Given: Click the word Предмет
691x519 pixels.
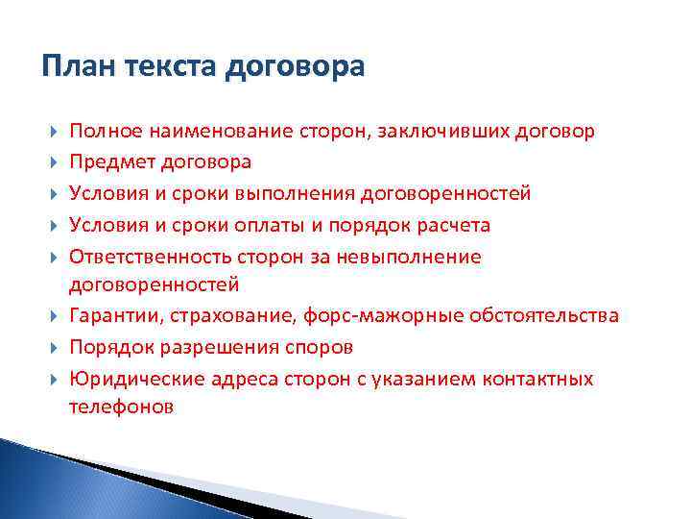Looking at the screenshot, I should point(108,162).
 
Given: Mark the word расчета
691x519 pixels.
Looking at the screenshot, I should point(453,226).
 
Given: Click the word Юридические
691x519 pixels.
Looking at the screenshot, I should point(127,379).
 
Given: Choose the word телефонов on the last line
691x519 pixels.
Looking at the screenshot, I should point(121,407).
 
